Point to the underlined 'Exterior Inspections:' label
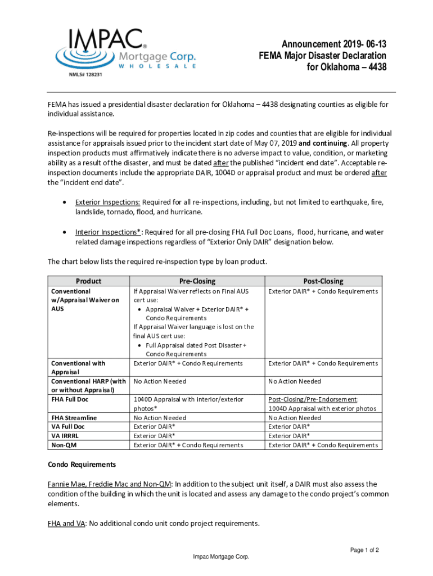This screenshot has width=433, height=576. (x=107, y=202)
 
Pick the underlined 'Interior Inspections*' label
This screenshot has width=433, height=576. (x=109, y=232)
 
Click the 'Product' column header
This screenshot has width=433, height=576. (x=89, y=281)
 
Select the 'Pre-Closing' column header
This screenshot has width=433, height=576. (x=197, y=281)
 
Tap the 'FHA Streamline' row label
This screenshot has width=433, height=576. (x=74, y=418)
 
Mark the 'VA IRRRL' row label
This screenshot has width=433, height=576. (x=65, y=436)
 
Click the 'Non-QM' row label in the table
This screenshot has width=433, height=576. (x=63, y=445)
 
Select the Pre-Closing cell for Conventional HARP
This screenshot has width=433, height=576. (x=160, y=381)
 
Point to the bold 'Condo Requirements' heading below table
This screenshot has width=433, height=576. (x=82, y=465)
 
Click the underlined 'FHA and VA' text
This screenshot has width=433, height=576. (x=66, y=523)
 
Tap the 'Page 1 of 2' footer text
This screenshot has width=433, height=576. (x=364, y=550)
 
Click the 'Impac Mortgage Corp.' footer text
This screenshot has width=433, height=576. (x=221, y=557)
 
